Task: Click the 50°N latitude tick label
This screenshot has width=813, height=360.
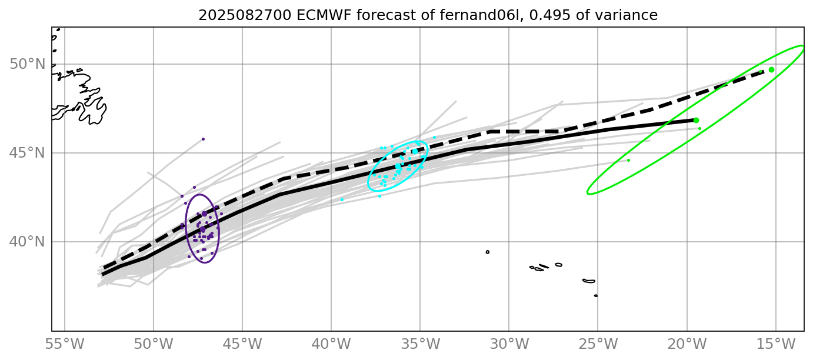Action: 28,64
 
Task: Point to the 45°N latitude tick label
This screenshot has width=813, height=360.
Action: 28,153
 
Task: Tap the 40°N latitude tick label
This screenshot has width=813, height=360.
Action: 28,242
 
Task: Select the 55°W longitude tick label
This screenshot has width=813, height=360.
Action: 64,344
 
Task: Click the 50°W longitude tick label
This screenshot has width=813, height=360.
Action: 154,344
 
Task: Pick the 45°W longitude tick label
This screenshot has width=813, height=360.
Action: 242,344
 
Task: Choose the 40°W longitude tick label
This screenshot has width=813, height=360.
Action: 331,344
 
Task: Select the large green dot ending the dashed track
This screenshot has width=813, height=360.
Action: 771,69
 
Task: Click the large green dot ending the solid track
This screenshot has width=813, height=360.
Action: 696,120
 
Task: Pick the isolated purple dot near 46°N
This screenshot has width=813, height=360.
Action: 203,139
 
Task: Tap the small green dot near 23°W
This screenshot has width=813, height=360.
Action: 628,160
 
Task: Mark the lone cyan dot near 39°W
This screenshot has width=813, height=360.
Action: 342,199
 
